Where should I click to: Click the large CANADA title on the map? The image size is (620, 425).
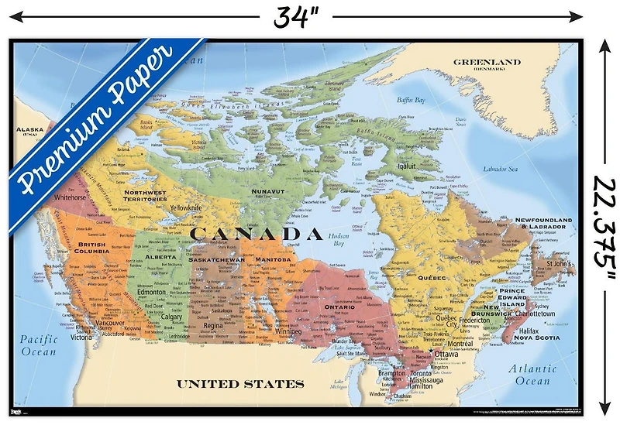coord(255,233)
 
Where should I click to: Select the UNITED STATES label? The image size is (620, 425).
coord(239,383)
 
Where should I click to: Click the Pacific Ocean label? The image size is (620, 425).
coord(39,345)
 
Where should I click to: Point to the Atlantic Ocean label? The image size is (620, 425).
coord(535,375)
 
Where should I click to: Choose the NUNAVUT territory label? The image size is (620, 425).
coord(263,190)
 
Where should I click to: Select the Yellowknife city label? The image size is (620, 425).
coord(186,207)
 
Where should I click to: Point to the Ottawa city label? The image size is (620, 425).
coord(446,354)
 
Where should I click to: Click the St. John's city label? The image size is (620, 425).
coord(560,264)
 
